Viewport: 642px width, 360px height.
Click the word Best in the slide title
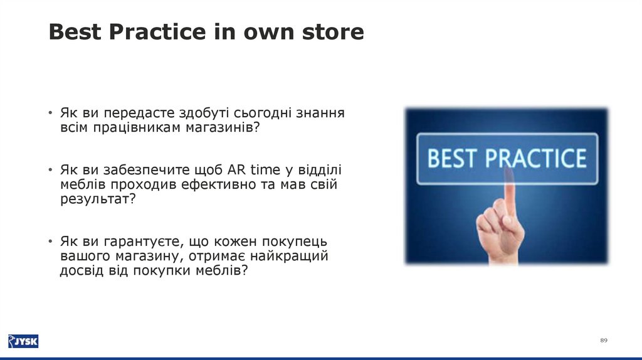[75, 31]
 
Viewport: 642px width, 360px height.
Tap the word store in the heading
[333, 32]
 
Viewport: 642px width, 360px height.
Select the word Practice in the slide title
[157, 31]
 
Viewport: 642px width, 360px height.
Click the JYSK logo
[23, 341]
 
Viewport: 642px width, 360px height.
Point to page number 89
[604, 341]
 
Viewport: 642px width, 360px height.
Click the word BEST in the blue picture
[453, 159]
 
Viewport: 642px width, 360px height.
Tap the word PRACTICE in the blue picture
[536, 159]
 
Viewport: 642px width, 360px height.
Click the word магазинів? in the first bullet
[223, 128]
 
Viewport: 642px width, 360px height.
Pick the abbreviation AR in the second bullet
[236, 169]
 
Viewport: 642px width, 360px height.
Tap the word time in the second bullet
[265, 169]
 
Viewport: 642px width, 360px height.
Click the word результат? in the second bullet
[98, 199]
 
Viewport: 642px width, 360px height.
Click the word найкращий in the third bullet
[289, 257]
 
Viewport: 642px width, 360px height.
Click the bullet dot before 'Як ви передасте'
[50, 112]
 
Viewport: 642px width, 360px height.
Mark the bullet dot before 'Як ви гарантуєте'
[50, 241]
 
